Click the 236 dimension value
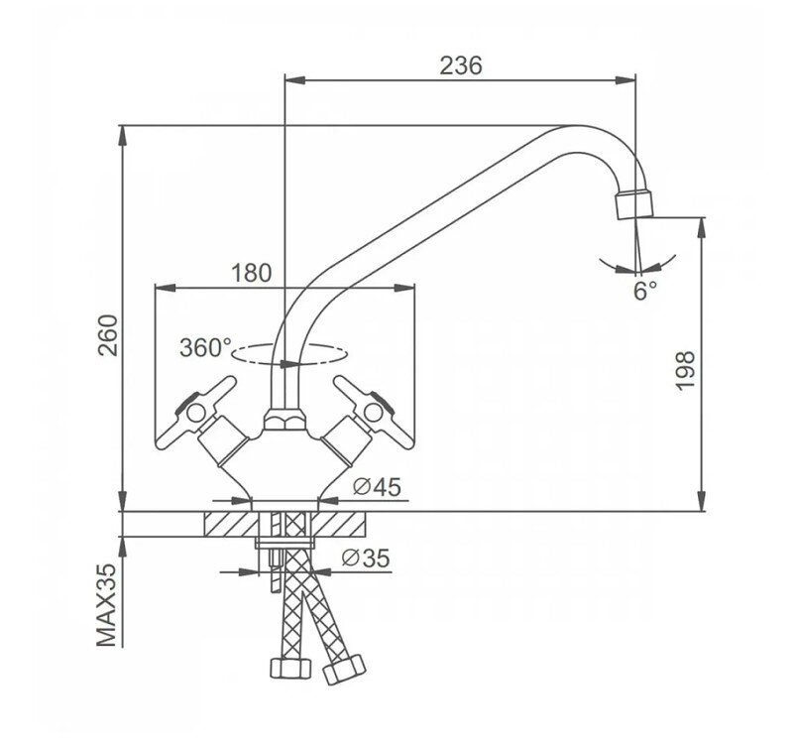coord(460,65)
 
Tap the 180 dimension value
coord(252,273)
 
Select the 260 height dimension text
coord(108,335)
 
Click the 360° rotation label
coord(205,347)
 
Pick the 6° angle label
coord(645,292)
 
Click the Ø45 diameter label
coord(378,487)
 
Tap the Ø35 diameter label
coord(366,559)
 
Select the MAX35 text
coord(107,605)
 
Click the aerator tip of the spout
coord(633,204)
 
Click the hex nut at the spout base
coord(284,421)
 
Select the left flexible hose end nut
coord(290,668)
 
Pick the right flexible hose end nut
coord(344,670)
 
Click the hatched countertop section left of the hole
coord(231,524)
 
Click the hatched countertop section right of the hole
coord(339,524)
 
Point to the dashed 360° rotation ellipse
coord(289,354)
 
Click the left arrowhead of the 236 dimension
coord(295,79)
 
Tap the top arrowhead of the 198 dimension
coord(701,228)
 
